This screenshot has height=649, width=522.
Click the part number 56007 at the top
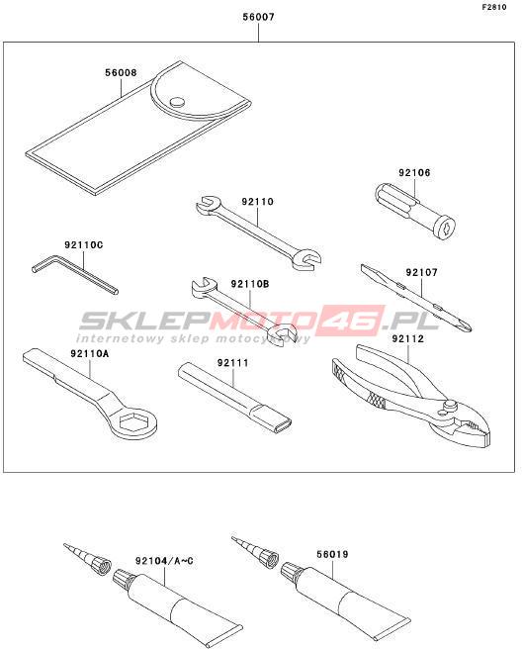(x=258, y=17)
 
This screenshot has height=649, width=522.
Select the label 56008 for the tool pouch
(x=121, y=73)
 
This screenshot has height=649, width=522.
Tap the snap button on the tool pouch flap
(x=177, y=102)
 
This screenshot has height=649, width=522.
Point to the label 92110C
(x=84, y=245)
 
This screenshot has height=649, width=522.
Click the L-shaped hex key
(x=74, y=275)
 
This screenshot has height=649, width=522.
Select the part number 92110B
(x=250, y=284)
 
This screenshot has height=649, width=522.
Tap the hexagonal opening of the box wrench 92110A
(x=132, y=421)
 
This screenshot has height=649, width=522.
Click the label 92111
(x=233, y=363)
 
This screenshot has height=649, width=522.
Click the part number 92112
(x=408, y=339)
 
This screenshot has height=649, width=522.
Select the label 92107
(x=421, y=273)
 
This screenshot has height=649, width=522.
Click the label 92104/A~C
(x=164, y=561)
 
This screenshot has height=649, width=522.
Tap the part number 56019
(x=332, y=554)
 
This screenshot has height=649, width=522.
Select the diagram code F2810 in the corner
(x=494, y=7)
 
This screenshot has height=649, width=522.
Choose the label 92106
(x=414, y=172)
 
